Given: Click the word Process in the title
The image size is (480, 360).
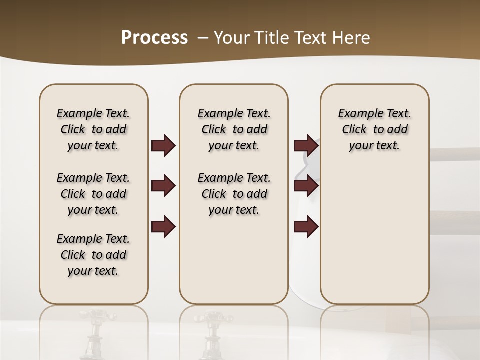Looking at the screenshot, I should pyautogui.click(x=154, y=38).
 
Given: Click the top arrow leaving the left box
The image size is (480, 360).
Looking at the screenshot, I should pyautogui.click(x=163, y=146).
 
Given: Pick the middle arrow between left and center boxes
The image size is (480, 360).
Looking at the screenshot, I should pyautogui.click(x=163, y=186).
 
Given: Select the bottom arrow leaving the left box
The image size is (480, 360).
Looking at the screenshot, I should pyautogui.click(x=163, y=226).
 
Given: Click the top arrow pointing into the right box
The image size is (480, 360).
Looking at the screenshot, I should pyautogui.click(x=306, y=146).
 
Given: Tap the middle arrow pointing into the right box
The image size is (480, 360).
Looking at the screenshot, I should pyautogui.click(x=306, y=186).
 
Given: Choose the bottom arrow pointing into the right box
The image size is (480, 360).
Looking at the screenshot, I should pyautogui.click(x=306, y=226).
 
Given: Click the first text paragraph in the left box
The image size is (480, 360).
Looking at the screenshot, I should pyautogui.click(x=93, y=129).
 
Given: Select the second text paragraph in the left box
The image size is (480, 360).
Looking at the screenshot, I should pyautogui.click(x=93, y=194).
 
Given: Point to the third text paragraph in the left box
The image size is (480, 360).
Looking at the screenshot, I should pyautogui.click(x=93, y=255).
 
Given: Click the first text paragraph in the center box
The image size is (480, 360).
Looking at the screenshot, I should pyautogui.click(x=234, y=129).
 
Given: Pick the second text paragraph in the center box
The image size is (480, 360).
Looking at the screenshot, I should pyautogui.click(x=234, y=194).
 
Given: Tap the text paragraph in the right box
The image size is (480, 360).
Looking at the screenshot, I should pyautogui.click(x=374, y=129).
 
